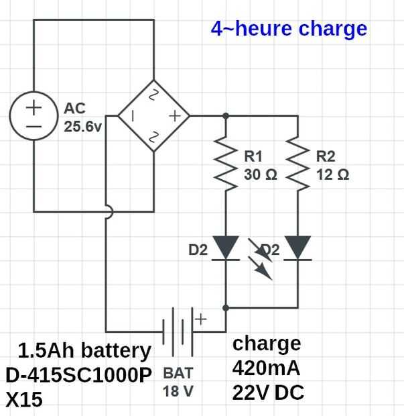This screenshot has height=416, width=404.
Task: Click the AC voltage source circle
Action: pyautogui.click(x=33, y=92)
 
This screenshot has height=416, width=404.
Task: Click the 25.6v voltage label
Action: pyautogui.click(x=82, y=127)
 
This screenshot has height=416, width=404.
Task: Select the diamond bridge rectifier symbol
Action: pyautogui.click(x=153, y=81)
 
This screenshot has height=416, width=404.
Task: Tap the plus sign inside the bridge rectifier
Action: pyautogui.click(x=175, y=116)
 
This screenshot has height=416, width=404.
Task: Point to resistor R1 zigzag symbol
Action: pyautogui.click(x=226, y=163)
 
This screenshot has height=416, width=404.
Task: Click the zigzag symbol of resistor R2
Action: pyautogui.click(x=297, y=163)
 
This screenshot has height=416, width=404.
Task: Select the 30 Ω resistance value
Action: pyautogui.click(x=261, y=174)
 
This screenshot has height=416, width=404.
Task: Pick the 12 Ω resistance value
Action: pyautogui.click(x=333, y=174)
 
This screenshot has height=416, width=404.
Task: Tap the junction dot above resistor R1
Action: pyautogui.click(x=226, y=116)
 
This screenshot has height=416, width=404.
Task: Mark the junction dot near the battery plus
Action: pyautogui.click(x=226, y=308)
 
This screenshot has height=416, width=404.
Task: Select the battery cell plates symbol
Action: pyautogui.click(x=178, y=332)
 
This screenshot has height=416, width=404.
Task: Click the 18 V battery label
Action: pyautogui.click(x=178, y=391)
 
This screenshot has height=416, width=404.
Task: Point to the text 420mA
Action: pyautogui.click(x=266, y=368)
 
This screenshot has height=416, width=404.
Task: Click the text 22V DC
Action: pyautogui.click(x=268, y=393)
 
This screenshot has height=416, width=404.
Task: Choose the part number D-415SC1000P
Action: pyautogui.click(x=78, y=375)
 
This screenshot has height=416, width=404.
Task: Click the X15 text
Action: pyautogui.click(x=24, y=399)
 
